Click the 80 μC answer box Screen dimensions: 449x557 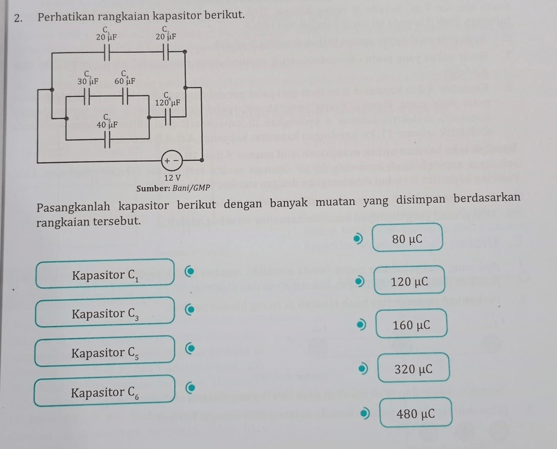pyautogui.click(x=407, y=239)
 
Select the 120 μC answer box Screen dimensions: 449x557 pyautogui.click(x=409, y=282)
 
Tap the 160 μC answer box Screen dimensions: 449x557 pyautogui.click(x=411, y=325)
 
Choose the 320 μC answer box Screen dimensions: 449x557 pyautogui.click(x=413, y=369)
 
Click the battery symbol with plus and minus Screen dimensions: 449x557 pyautogui.click(x=172, y=160)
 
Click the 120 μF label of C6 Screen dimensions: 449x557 pyautogui.click(x=168, y=102)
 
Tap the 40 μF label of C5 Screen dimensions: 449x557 pyautogui.click(x=107, y=125)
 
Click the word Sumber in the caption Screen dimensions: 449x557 pyautogui.click(x=151, y=189)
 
